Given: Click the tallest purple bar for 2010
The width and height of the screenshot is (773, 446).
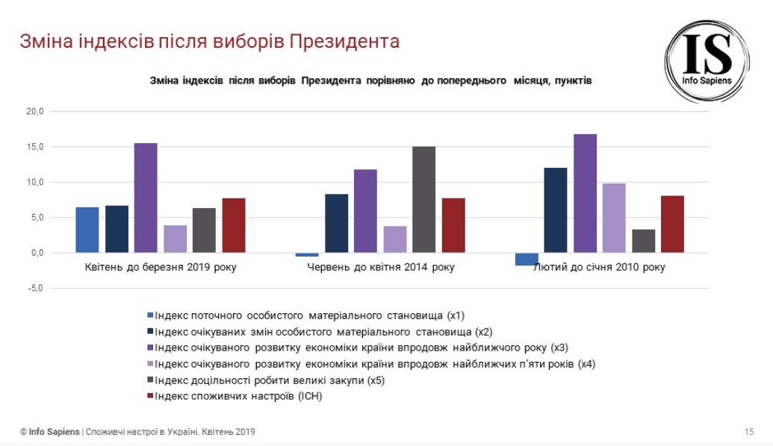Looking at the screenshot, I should [x=585, y=193].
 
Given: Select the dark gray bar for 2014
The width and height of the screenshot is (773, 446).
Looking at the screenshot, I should [x=423, y=199].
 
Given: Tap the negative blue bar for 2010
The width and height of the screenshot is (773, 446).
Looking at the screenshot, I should [x=527, y=259].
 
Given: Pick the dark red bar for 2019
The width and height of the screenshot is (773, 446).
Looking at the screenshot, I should [x=233, y=225].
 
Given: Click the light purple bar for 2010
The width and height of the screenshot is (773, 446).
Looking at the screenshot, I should [x=614, y=218].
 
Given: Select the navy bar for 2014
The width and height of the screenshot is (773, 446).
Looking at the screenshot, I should [x=336, y=223].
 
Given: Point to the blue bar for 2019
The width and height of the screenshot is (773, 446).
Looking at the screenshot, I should [x=87, y=230].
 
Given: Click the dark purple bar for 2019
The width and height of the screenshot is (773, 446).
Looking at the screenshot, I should [x=146, y=198].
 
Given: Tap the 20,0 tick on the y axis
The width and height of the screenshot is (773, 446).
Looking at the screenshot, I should [x=35, y=112].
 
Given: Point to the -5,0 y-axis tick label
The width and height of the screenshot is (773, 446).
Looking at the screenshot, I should [x=35, y=288].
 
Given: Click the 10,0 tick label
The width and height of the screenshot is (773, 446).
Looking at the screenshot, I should [x=35, y=182].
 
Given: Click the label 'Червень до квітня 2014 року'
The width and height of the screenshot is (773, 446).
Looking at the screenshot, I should [x=380, y=267].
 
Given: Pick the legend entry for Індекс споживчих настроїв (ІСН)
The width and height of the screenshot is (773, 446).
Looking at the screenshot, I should [x=238, y=397].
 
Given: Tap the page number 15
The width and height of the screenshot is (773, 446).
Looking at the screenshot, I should [x=749, y=432].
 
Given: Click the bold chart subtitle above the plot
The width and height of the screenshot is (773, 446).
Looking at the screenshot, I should [x=372, y=81].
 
